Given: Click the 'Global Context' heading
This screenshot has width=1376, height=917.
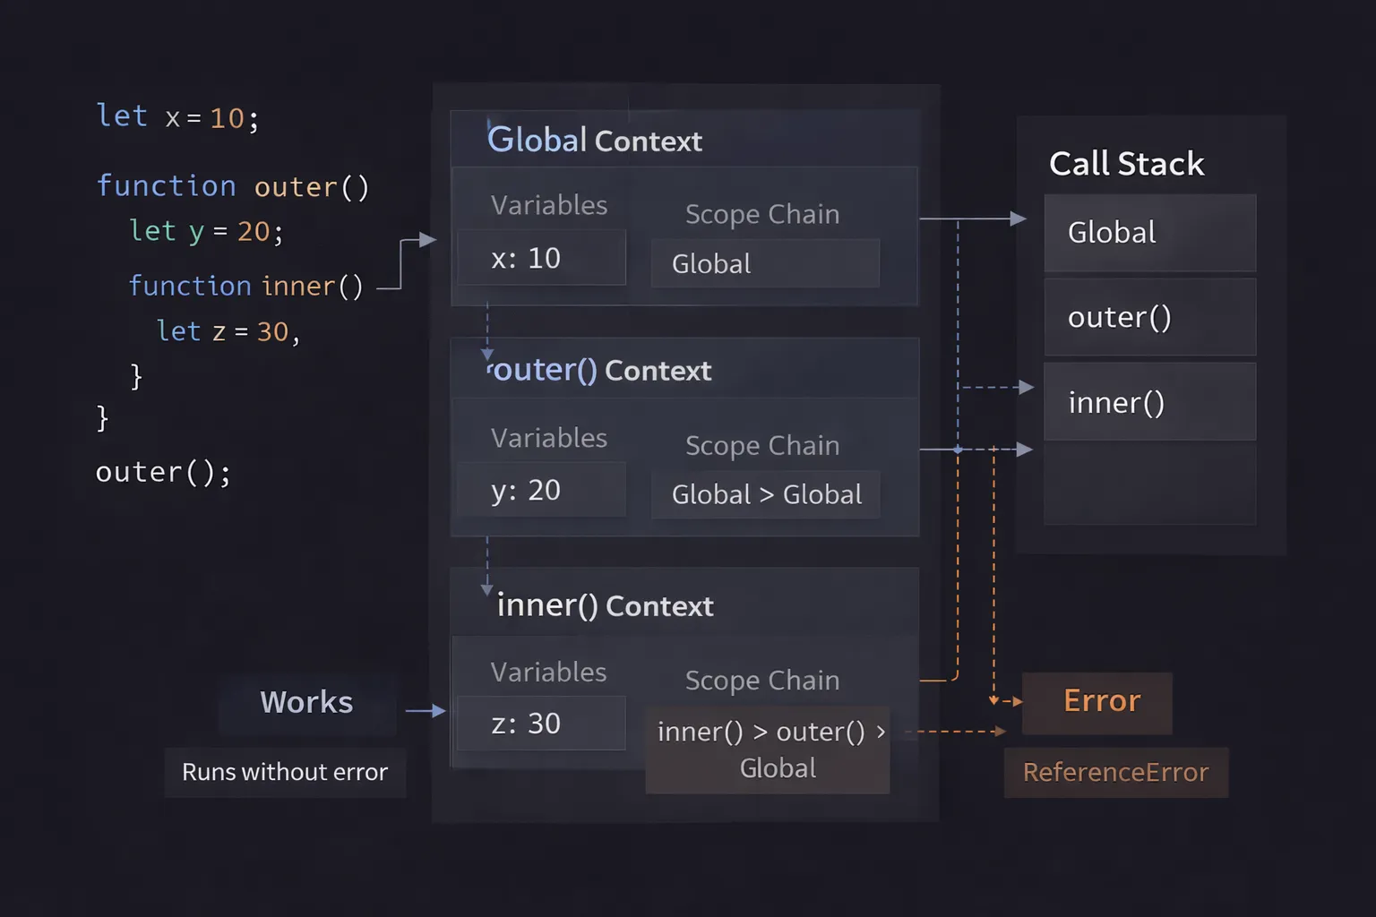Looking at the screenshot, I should [x=595, y=141].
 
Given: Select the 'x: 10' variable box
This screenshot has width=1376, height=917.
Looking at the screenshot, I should [x=541, y=258].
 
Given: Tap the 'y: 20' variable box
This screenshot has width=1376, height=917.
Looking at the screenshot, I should [x=541, y=490].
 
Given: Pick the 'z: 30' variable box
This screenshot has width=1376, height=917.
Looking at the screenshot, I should [x=541, y=724].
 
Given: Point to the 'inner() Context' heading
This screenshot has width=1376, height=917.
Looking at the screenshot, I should [x=605, y=606].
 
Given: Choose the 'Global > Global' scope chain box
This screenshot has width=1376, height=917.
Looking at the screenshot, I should [x=766, y=494].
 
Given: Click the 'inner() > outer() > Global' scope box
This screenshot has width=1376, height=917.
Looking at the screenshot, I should [x=769, y=750].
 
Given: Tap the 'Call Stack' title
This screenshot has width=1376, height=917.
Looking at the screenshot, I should [x=1126, y=164].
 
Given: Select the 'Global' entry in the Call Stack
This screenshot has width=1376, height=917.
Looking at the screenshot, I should [x=1149, y=233].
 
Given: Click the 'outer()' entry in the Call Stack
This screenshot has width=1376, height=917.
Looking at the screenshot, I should [x=1149, y=317].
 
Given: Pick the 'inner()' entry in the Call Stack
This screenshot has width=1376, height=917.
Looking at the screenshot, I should [x=1149, y=402].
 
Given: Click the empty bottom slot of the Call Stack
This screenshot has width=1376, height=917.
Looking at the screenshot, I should [x=1149, y=484].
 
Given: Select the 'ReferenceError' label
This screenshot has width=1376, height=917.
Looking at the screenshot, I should [x=1115, y=772].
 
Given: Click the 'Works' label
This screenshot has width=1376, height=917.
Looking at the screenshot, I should [x=306, y=703].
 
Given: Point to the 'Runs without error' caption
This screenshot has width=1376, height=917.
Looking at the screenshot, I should [x=285, y=772].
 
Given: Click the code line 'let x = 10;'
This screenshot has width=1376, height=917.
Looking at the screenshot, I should [x=177, y=117].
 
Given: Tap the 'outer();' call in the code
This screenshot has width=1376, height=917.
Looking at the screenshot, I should [x=163, y=472].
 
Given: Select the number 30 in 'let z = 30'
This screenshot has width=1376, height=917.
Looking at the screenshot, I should [x=273, y=332].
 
